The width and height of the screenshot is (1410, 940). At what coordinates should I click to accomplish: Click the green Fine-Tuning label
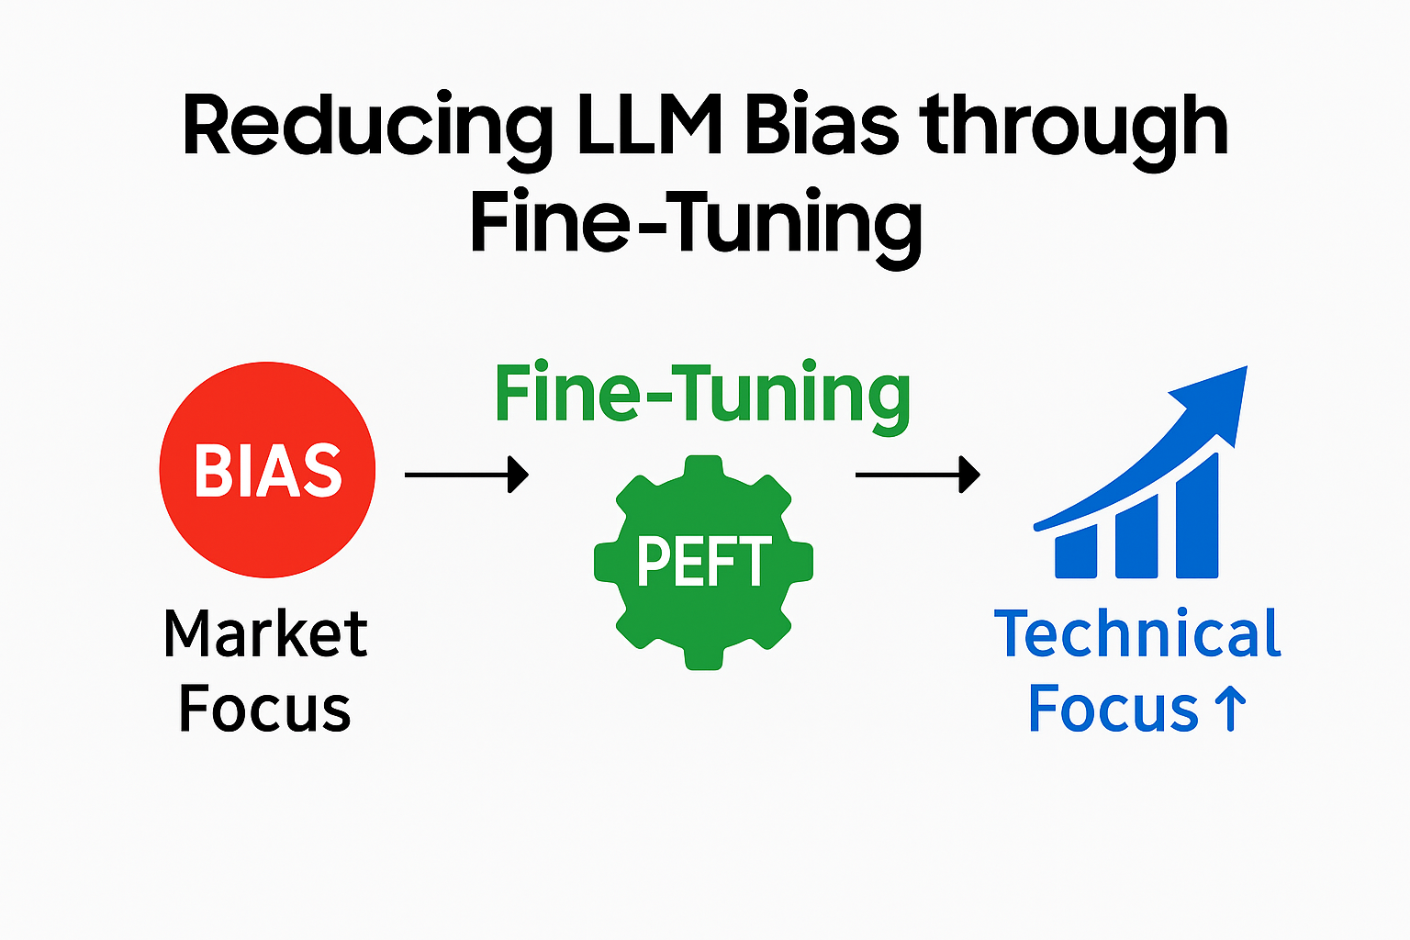[x=702, y=395]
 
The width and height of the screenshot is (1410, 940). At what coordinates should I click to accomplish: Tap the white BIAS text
[x=267, y=471]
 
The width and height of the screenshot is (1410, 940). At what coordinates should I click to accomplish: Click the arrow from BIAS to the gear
[x=466, y=475]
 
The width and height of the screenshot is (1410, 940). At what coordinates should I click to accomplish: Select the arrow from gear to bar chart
[x=917, y=475]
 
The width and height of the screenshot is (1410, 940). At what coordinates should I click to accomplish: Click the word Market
[x=265, y=633]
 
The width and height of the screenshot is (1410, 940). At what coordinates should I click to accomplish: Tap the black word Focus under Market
[x=264, y=709]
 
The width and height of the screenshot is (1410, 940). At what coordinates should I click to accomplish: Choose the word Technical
[x=1137, y=633]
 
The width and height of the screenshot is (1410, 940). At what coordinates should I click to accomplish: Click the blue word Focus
[x=1113, y=709]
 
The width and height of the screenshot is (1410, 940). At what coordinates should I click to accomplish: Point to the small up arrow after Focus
[x=1229, y=709]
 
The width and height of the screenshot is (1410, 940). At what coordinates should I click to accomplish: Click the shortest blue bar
[x=1076, y=554]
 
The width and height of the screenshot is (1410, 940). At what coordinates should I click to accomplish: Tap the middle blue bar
[x=1136, y=537]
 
